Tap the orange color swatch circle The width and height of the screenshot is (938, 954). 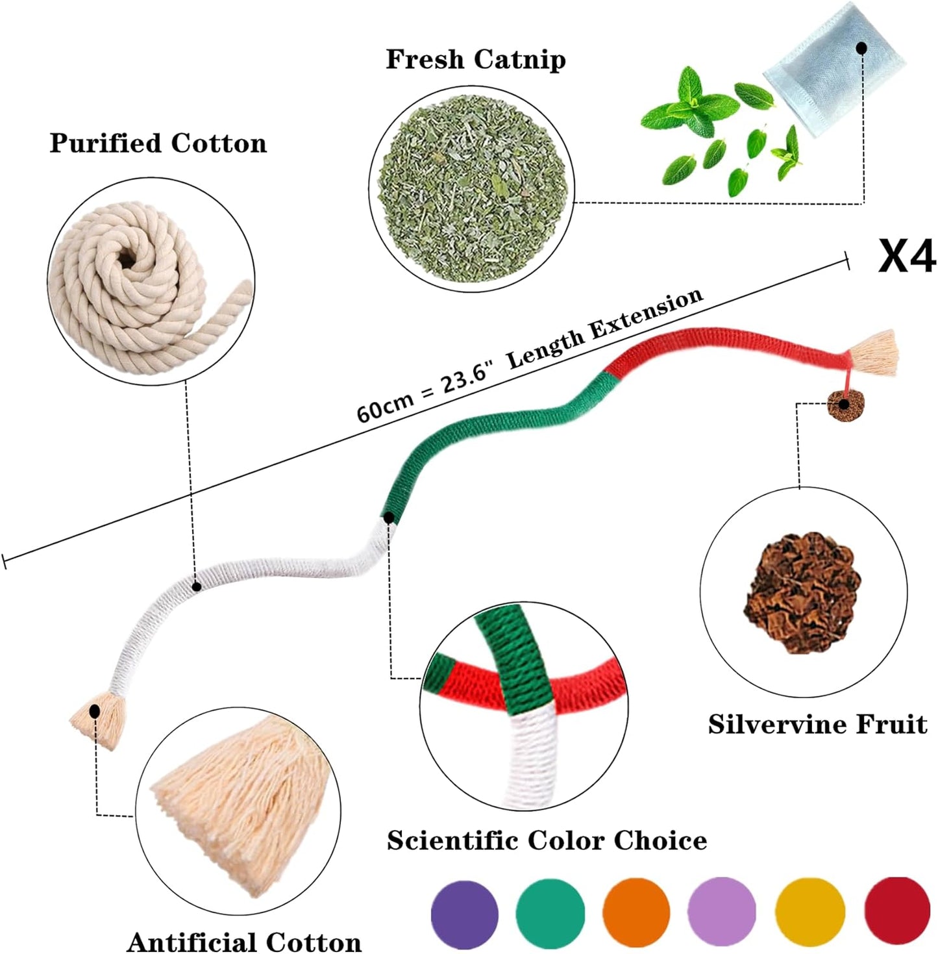(636, 912)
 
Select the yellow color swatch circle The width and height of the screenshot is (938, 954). (810, 912)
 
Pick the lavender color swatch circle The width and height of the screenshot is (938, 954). (722, 912)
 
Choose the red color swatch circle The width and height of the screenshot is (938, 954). (897, 912)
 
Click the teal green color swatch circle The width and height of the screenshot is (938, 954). (550, 912)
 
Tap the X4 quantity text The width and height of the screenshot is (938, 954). (906, 257)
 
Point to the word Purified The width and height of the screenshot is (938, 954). (106, 144)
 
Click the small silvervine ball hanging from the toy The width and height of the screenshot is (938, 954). (844, 406)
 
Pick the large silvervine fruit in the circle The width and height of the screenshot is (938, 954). (802, 591)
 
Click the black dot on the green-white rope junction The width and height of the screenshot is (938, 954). (388, 518)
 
